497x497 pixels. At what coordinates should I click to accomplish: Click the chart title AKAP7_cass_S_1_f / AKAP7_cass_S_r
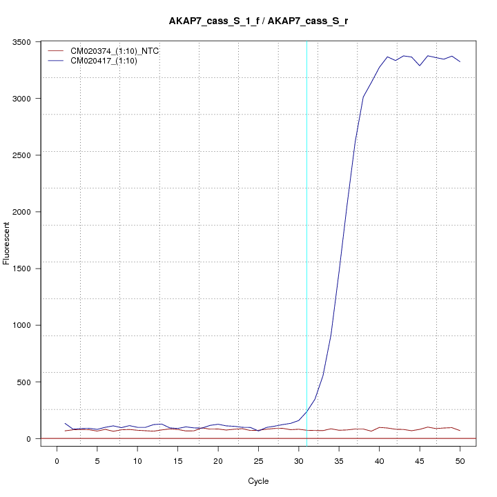258,21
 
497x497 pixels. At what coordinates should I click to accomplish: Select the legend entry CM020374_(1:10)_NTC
110,51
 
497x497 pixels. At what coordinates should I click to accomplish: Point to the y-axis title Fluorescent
8,242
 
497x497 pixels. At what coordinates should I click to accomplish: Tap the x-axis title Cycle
257,481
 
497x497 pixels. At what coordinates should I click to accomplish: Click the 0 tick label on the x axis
57,461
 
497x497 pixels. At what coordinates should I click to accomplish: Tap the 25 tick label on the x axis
258,461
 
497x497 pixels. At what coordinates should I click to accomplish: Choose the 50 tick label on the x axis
460,461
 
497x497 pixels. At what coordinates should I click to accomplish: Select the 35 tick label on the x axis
339,461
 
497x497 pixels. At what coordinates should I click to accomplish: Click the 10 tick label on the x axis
137,461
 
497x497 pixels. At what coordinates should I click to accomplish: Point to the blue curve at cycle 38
363,97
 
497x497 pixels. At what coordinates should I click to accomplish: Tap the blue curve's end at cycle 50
460,62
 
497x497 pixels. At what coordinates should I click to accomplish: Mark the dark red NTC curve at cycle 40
379,427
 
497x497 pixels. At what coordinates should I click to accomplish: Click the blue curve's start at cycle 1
66,423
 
